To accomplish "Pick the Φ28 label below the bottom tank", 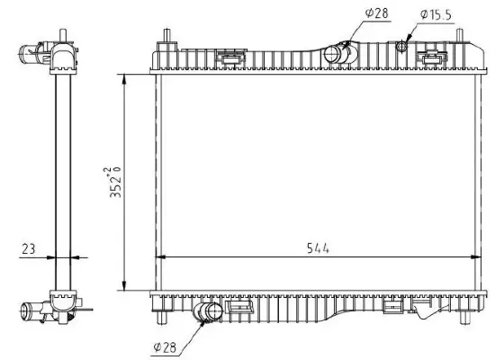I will coord(170,345).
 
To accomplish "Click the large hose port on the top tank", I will coord(337,54).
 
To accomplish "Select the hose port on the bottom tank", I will coord(210,313).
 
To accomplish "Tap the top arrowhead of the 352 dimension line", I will coord(123,79).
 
